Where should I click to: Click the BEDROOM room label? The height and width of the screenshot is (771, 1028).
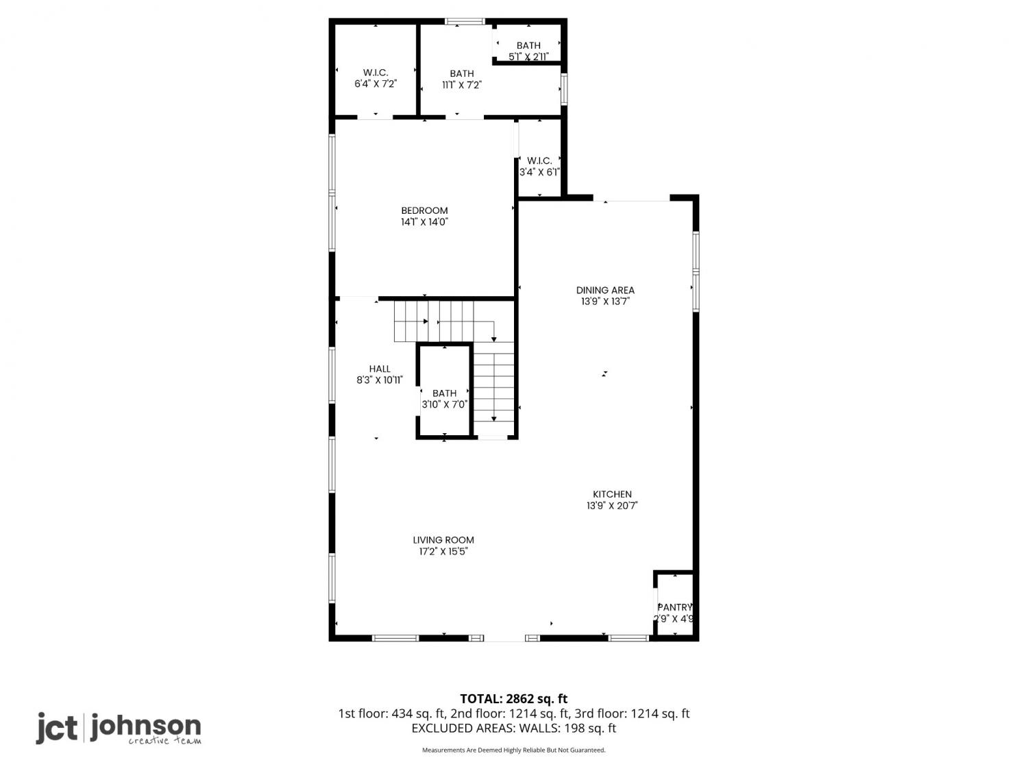coord(424,210)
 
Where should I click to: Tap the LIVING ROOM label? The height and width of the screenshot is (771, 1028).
coord(443,540)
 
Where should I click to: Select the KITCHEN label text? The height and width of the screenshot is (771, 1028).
coord(612,494)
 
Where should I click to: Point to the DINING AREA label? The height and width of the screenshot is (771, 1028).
coord(605,290)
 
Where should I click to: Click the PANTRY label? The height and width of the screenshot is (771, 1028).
coord(675,607)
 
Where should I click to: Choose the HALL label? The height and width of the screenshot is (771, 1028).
coord(380,369)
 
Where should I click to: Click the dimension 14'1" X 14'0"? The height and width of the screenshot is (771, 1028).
coord(424,222)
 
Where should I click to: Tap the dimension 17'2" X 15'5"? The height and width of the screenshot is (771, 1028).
coord(443,552)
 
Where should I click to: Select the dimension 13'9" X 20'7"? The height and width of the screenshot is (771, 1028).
coord(612,506)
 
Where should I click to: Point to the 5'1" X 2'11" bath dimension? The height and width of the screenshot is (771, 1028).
coord(528,57)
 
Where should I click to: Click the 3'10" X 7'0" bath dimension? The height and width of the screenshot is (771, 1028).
coord(445,404)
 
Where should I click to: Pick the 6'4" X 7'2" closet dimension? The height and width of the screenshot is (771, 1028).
coord(376,84)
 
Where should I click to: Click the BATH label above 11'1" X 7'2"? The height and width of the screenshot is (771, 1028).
coord(462,73)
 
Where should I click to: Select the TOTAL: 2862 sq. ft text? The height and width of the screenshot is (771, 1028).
coord(514,699)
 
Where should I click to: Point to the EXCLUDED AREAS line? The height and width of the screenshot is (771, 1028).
coord(514,729)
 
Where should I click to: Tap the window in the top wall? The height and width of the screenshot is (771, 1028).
coord(465,21)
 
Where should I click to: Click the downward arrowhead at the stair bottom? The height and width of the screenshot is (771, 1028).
coord(493,419)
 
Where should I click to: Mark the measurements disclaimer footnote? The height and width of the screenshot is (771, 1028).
coord(514,750)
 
